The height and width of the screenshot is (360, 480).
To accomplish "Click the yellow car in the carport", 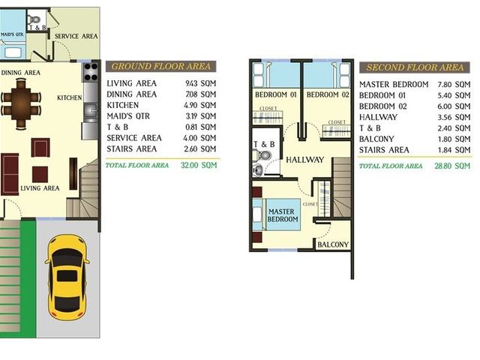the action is [x=67, y=278].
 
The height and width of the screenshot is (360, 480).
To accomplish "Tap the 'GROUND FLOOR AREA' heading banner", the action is [x=161, y=66].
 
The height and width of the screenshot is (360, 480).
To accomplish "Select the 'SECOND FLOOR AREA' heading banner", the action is [x=415, y=67].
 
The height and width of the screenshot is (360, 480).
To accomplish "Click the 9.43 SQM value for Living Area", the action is [x=200, y=83].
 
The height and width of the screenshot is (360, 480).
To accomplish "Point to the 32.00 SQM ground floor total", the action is [x=199, y=165].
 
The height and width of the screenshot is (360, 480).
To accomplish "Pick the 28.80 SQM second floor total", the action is [x=452, y=166].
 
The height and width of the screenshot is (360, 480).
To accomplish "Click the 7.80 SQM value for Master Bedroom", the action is [x=454, y=85].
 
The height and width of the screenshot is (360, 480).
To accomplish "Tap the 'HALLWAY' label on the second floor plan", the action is [x=305, y=160].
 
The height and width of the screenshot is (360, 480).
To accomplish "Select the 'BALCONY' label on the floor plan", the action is [x=333, y=244].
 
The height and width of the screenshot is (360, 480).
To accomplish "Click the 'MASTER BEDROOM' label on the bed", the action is [x=283, y=215].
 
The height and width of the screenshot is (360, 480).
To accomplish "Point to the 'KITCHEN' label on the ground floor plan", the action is [x=70, y=97].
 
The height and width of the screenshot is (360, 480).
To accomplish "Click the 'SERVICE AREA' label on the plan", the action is [x=76, y=36].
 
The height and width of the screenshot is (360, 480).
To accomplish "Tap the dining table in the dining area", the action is [x=21, y=104].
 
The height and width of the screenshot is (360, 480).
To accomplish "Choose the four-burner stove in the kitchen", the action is [x=91, y=72].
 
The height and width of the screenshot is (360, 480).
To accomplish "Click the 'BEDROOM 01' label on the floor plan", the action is [x=276, y=94].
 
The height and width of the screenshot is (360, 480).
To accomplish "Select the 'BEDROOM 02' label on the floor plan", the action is [x=328, y=94].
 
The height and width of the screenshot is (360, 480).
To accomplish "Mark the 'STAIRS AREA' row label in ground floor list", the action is [x=132, y=149].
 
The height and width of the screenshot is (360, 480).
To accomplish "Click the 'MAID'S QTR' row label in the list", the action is [x=128, y=116].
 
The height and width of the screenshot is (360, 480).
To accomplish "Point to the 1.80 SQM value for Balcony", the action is [x=454, y=139].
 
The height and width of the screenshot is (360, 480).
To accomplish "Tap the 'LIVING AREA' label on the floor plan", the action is [x=40, y=188].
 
